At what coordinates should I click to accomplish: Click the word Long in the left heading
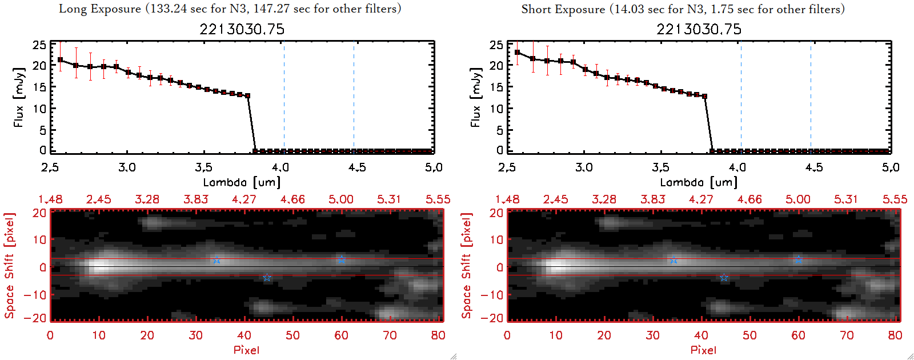coord(71,9)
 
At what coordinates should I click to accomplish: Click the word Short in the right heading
coord(536,9)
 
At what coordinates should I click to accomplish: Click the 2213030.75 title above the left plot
coord(242,29)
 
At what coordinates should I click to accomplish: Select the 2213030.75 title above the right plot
coord(699,29)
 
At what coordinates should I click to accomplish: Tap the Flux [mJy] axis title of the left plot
coord(19,97)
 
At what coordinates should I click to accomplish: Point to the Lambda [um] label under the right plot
coord(699,182)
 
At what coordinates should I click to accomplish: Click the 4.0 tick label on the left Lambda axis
coord(280,167)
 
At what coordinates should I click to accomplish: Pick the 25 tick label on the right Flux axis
coord(496,45)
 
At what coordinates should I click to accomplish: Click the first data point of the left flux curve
coord(60,59)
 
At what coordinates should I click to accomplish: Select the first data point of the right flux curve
coord(517,53)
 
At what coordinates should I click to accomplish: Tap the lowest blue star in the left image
coord(267,278)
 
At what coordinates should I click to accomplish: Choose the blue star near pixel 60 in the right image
coord(799,259)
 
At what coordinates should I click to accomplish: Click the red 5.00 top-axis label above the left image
coord(341,199)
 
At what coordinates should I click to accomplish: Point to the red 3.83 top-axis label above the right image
coord(652,199)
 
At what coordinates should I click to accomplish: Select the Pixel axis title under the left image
coord(246,350)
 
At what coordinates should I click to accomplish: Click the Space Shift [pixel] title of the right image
coord(467,266)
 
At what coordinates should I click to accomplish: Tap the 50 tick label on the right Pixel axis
coord(749,335)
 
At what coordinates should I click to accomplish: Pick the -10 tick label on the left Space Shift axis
coord(35,294)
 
